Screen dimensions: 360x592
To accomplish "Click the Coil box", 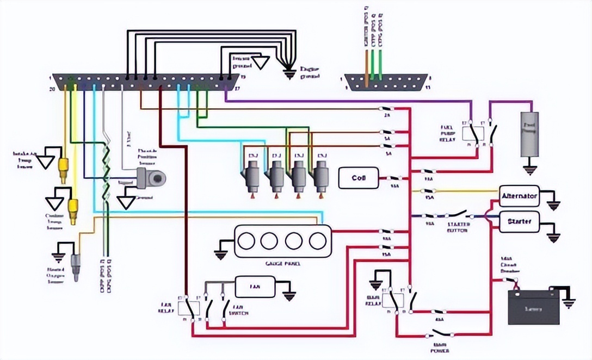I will click(358, 178).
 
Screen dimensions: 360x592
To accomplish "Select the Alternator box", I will click(519, 196).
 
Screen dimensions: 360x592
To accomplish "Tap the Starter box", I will click(519, 222).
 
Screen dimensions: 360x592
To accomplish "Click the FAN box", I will click(255, 286).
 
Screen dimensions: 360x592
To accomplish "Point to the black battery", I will click(533, 308).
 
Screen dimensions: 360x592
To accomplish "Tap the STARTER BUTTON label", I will click(458, 227).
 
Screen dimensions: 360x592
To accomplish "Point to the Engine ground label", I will click(311, 73).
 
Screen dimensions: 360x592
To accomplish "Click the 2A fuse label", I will click(388, 116).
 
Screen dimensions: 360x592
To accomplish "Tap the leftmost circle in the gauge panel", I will click(249, 240).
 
